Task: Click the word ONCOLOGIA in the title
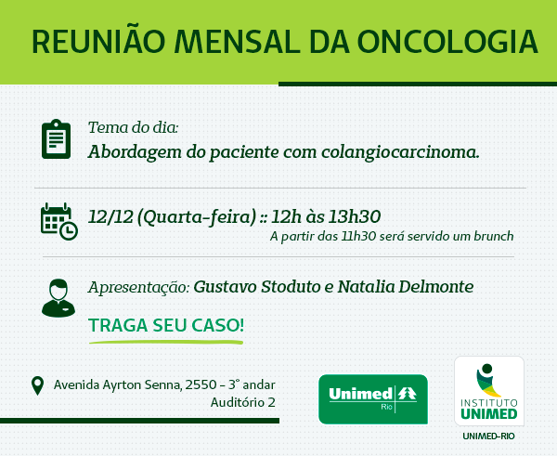click(x=447, y=42)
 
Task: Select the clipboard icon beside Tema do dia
click(x=56, y=139)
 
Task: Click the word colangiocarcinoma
click(x=400, y=152)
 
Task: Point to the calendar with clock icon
click(x=59, y=221)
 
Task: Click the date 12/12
click(x=110, y=216)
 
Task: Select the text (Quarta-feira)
click(x=197, y=217)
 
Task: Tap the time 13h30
click(x=355, y=216)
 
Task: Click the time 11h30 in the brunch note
click(x=358, y=236)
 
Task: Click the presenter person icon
click(x=58, y=298)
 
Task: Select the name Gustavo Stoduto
click(x=257, y=287)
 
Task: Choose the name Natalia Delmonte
click(x=406, y=287)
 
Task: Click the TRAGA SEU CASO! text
click(x=166, y=325)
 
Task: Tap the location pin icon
click(x=38, y=386)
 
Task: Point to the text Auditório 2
click(x=243, y=403)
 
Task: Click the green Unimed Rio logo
click(x=373, y=399)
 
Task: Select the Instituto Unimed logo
click(x=489, y=391)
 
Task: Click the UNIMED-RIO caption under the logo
click(x=488, y=436)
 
